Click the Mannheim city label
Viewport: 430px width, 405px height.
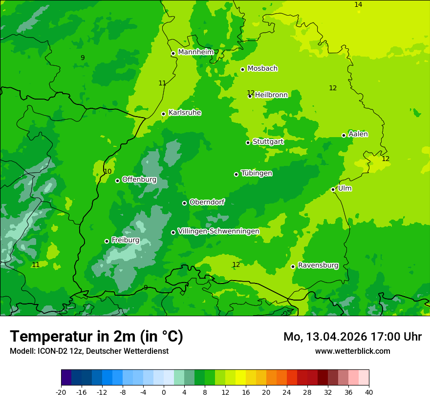[x=196, y=52]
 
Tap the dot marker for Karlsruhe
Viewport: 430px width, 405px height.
[x=163, y=114]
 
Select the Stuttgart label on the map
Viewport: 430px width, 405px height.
[x=268, y=142]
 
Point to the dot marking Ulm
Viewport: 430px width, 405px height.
[x=333, y=189]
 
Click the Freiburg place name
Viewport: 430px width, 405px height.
[x=125, y=240]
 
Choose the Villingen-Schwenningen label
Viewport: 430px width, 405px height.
[x=218, y=231]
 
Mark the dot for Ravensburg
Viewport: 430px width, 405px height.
[x=293, y=266]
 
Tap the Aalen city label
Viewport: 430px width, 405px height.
[x=358, y=134]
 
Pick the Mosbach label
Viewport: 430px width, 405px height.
[x=262, y=69]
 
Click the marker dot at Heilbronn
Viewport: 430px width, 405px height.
[x=250, y=96]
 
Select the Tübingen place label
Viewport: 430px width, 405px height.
[x=257, y=173]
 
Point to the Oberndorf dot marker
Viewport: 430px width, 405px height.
[x=184, y=203]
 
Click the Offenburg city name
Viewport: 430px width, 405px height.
[x=139, y=180]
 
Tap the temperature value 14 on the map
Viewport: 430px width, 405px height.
[x=358, y=4]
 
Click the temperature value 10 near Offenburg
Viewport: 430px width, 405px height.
[x=107, y=171]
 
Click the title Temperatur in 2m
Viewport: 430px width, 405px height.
[x=96, y=336]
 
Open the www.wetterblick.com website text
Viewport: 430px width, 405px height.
[x=352, y=351]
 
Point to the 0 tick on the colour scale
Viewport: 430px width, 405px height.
[x=164, y=392]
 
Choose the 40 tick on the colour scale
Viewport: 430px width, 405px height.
[x=368, y=392]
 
